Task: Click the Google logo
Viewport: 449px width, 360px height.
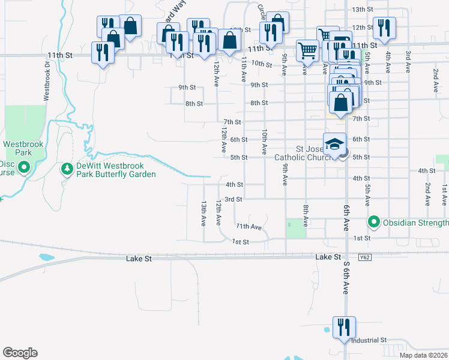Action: [20, 353]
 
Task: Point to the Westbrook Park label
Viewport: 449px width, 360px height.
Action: [17, 148]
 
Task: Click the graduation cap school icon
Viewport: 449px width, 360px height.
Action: [335, 144]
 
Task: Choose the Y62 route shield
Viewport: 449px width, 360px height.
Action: [365, 257]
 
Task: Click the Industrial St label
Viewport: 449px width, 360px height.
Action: [369, 340]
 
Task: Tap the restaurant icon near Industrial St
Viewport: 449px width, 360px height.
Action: [344, 327]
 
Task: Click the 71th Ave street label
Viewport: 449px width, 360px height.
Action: [249, 227]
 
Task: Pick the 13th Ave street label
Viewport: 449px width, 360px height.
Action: [204, 213]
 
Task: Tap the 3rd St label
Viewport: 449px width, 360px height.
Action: [234, 199]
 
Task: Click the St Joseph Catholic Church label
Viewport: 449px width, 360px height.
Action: [303, 153]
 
